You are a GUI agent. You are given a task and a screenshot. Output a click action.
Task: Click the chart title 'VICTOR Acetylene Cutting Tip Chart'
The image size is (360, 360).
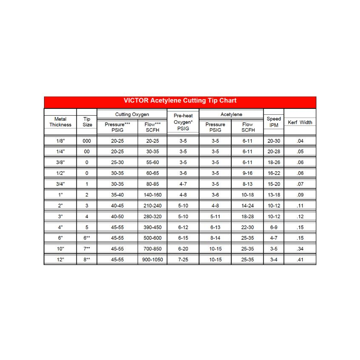[x=180, y=101]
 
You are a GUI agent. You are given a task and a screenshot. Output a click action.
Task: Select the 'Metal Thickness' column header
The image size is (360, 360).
[x=60, y=122]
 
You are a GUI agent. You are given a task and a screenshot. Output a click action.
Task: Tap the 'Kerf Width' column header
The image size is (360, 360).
[x=300, y=122]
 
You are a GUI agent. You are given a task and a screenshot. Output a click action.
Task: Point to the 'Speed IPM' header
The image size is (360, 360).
[x=274, y=122]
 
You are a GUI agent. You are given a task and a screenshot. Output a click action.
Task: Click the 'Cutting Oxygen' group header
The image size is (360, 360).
[x=132, y=115]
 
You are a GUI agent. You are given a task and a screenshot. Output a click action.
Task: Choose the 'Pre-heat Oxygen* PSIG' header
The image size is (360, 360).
[x=183, y=122]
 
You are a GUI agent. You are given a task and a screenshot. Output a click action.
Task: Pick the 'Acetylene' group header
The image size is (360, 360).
[x=231, y=115]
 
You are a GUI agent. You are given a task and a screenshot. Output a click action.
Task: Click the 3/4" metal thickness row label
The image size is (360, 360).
[x=60, y=184]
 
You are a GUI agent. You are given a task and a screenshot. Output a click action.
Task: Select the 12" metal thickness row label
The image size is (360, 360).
[x=60, y=260]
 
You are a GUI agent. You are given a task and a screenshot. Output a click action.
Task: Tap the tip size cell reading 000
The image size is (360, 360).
[x=87, y=141]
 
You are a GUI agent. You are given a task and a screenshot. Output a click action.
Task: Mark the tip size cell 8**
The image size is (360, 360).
[x=87, y=260]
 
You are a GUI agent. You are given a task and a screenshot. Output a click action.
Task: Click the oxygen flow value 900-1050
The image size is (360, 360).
[x=152, y=260]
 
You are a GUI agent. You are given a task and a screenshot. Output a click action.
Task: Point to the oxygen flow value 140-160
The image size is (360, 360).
[x=152, y=195]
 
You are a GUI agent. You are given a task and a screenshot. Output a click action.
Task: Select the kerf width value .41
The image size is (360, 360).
[x=300, y=260]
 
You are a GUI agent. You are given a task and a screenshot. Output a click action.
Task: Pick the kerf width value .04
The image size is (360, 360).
[x=300, y=141]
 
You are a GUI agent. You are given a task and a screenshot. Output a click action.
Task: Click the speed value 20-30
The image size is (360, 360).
[x=274, y=141]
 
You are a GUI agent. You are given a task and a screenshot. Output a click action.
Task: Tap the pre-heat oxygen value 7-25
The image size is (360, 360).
[x=183, y=260]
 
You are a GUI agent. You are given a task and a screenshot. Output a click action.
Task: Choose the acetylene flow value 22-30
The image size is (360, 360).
[x=247, y=227]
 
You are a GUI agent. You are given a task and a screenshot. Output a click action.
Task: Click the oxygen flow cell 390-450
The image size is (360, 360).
[x=152, y=227]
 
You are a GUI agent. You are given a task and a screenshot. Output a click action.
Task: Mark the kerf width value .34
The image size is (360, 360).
[x=300, y=249]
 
